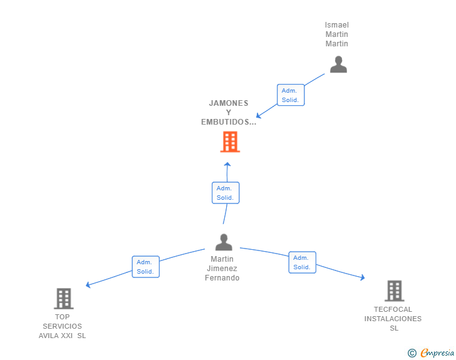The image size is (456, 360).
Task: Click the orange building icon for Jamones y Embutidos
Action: (x=230, y=142)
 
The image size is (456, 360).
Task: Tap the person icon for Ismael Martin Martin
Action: (x=338, y=64)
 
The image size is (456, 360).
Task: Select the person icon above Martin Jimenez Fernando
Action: (x=224, y=242)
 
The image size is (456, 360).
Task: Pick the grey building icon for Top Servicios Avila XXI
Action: (x=64, y=299)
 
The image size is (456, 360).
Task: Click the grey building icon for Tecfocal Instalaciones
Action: (x=394, y=291)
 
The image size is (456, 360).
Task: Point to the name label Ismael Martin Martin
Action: (x=337, y=34)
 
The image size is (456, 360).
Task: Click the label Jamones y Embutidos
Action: (x=229, y=113)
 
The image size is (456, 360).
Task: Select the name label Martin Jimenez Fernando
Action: (x=222, y=269)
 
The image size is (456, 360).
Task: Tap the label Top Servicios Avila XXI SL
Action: (x=63, y=326)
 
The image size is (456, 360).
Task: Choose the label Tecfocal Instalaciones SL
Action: (x=393, y=319)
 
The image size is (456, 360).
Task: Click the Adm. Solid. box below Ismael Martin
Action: (x=291, y=95)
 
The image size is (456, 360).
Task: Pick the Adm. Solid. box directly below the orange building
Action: (x=225, y=193)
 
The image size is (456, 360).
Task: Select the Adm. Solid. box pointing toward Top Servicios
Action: (x=146, y=267)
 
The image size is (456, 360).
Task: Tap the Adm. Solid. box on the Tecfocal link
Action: (x=302, y=262)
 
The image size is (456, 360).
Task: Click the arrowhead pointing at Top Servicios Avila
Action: (x=88, y=285)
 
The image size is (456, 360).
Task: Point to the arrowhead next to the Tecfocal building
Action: (x=362, y=277)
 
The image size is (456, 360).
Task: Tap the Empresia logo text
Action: (x=437, y=353)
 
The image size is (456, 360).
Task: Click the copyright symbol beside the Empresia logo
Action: (x=412, y=353)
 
